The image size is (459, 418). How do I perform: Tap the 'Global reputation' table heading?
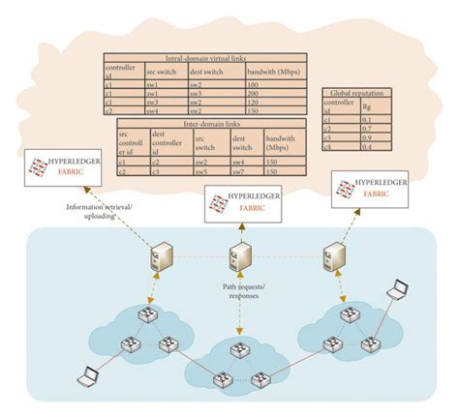(353, 94)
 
